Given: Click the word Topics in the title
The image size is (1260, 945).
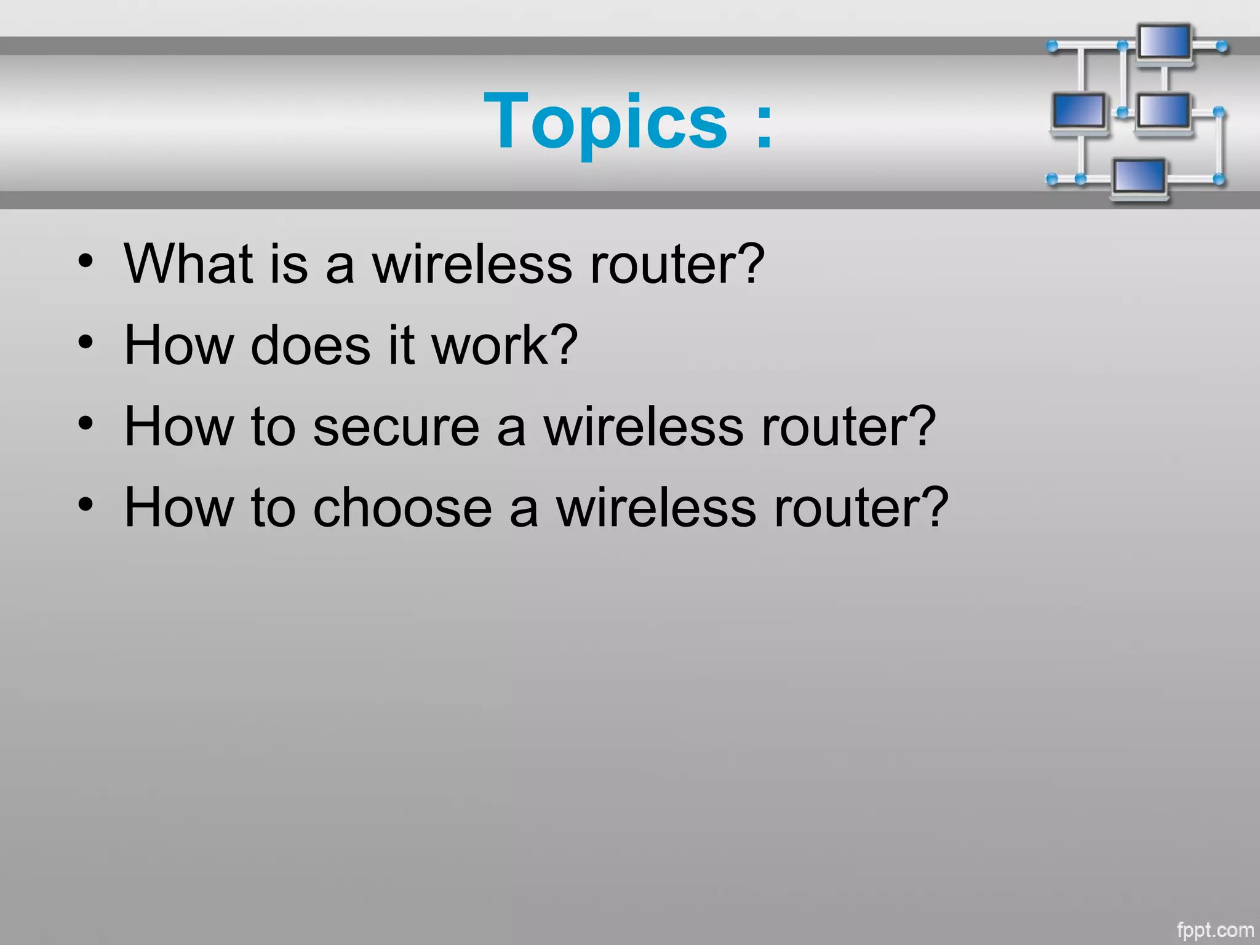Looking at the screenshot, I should coord(606,122).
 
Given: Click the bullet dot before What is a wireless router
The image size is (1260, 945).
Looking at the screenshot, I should coord(86,261).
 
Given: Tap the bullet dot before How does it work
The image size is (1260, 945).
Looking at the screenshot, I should coord(86,342).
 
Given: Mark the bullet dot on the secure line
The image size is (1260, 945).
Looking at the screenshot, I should coord(86,423).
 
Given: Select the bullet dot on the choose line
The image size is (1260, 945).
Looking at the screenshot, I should coord(86,504).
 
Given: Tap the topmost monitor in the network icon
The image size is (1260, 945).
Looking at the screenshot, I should coord(1164,43).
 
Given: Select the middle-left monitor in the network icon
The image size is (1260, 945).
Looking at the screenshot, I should coord(1078,111).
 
